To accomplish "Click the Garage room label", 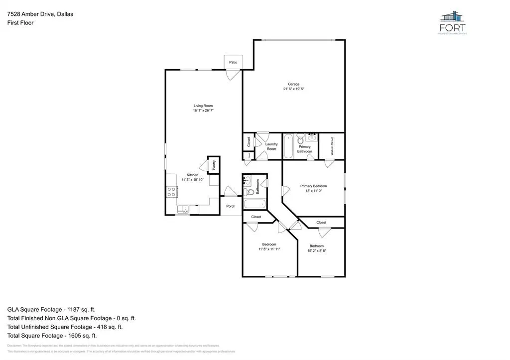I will (x=293, y=84).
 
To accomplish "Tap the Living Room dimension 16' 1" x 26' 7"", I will (x=203, y=111).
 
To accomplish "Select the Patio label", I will (x=233, y=62).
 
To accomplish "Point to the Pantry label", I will (x=214, y=165).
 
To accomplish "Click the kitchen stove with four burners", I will (x=171, y=192).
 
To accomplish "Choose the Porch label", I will (x=231, y=206).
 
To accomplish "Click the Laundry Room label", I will (x=271, y=146).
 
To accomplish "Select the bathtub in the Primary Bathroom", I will (x=288, y=146).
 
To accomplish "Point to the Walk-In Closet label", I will (x=332, y=146).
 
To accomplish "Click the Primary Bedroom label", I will (x=313, y=186).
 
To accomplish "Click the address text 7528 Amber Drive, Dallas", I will (x=40, y=14).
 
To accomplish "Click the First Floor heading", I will (x=20, y=23).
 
